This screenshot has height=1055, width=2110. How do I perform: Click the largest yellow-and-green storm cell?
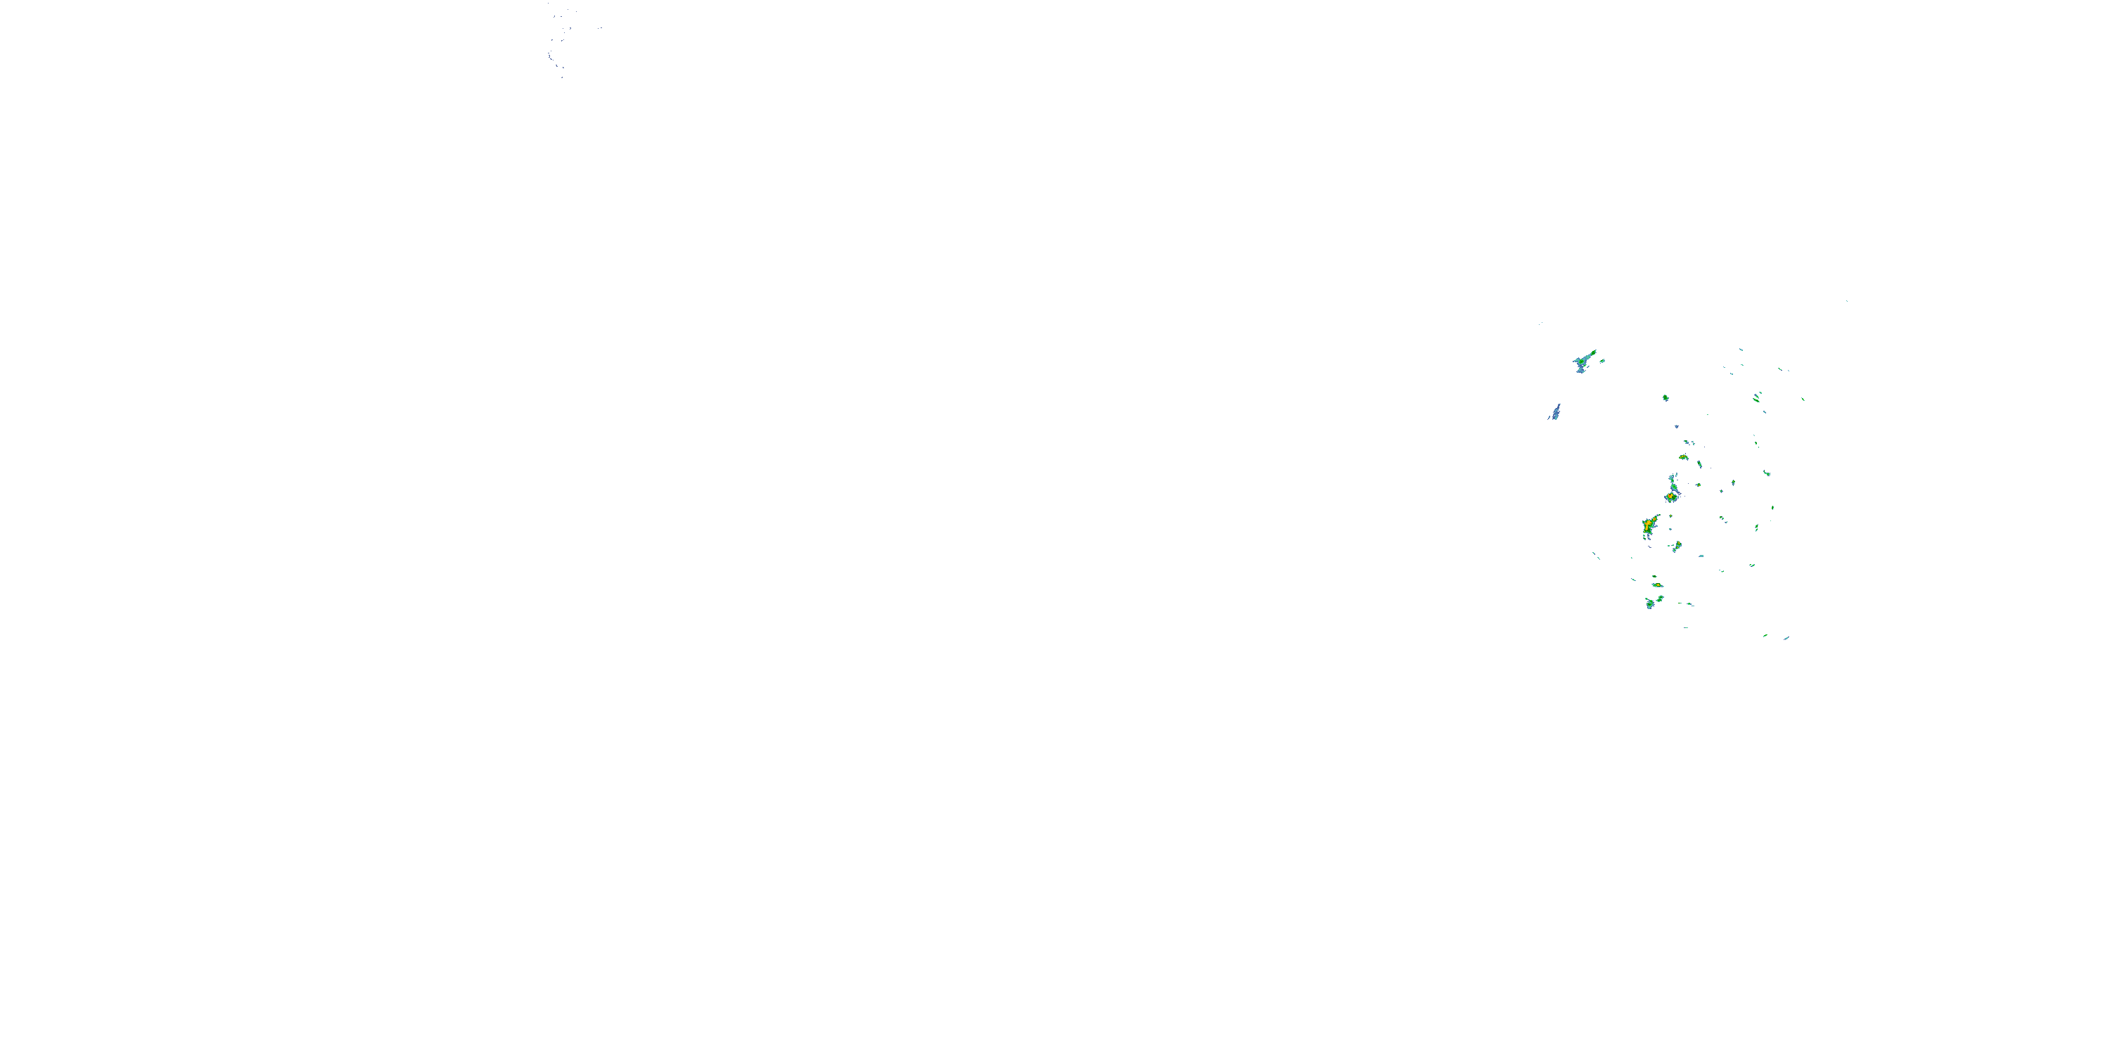(x=1648, y=526)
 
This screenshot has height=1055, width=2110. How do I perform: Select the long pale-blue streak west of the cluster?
(x=1554, y=412)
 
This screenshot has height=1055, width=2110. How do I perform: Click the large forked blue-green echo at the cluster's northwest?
(x=1583, y=362)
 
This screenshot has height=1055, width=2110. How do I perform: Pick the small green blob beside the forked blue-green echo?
(x=1601, y=360)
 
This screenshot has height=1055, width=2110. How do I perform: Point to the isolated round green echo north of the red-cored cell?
(x=1665, y=398)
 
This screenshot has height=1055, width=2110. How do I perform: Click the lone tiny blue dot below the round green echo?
(x=1677, y=427)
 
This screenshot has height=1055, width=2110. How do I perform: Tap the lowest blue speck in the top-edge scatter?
(x=562, y=77)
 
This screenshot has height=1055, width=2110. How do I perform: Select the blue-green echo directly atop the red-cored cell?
(x=1673, y=480)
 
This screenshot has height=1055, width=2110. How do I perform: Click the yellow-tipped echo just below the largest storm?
(x=1677, y=546)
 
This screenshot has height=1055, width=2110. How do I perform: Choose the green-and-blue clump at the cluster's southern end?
(x=1651, y=603)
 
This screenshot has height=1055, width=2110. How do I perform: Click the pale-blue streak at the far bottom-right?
(x=1786, y=638)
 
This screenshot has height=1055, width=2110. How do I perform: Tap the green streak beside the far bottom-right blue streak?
(x=1765, y=636)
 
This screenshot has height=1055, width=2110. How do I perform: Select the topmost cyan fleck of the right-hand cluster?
(x=1741, y=350)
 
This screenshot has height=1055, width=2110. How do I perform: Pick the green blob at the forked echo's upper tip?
(x=1593, y=352)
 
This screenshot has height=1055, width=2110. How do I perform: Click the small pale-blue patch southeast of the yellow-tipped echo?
(x=1701, y=556)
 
